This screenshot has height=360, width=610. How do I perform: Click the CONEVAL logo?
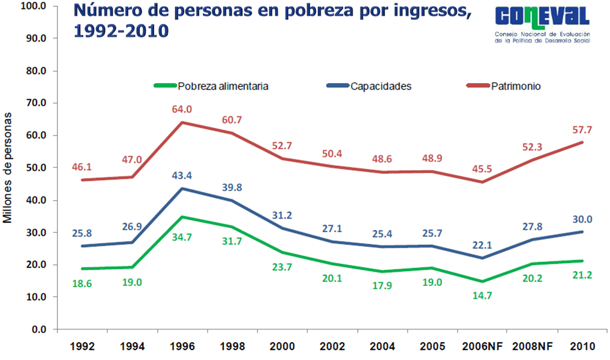(x=542, y=25)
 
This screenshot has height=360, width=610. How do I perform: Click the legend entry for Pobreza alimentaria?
(x=223, y=86)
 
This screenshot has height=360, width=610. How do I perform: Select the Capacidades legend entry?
(x=381, y=86)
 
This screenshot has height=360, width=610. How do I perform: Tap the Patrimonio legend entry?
(x=516, y=86)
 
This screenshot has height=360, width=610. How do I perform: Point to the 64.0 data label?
(x=182, y=109)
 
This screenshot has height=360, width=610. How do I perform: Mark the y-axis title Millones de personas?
(x=8, y=168)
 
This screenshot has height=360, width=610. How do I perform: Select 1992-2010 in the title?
(x=119, y=31)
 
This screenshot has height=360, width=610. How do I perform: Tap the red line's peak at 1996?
(x=182, y=122)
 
